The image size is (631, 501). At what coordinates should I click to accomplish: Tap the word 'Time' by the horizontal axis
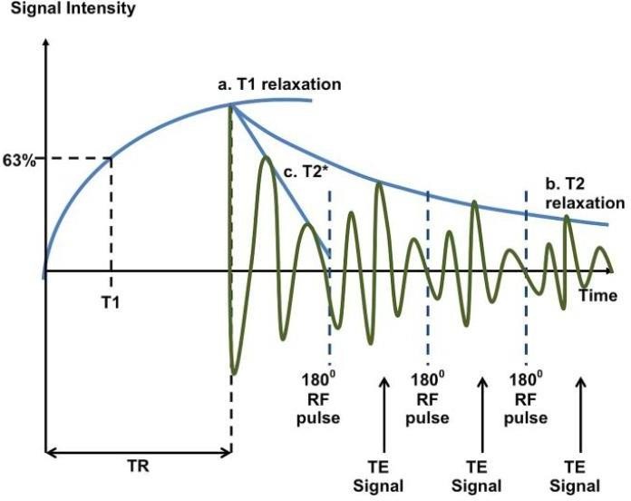pos(598,296)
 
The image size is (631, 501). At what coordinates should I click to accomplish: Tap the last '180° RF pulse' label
pos(526,398)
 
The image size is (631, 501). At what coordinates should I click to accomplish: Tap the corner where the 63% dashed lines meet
pos(111,158)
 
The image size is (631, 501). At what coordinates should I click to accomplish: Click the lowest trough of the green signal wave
pos(234,372)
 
